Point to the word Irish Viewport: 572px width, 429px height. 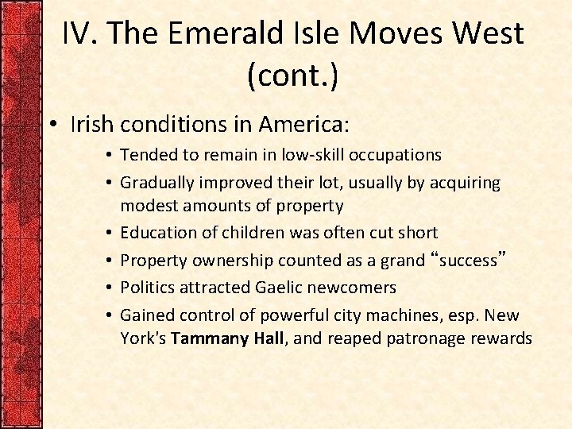pos(91,125)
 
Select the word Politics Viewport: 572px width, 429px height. pos(147,287)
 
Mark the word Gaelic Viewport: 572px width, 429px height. pos(280,287)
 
